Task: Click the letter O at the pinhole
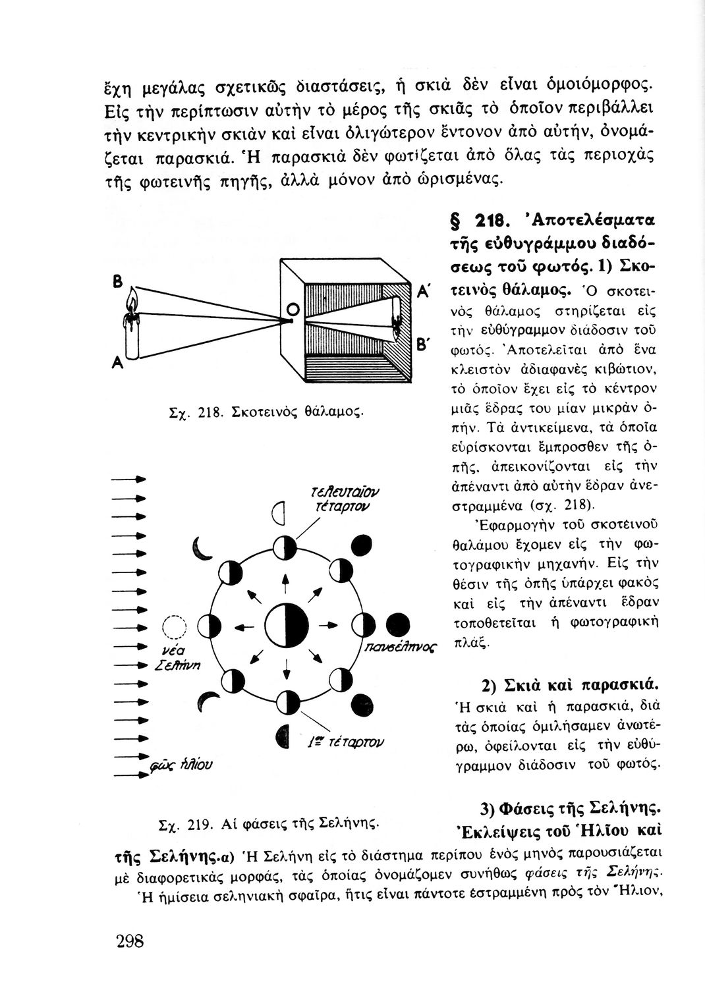point(295,308)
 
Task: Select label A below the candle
point(116,363)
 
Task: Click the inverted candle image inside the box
point(397,323)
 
